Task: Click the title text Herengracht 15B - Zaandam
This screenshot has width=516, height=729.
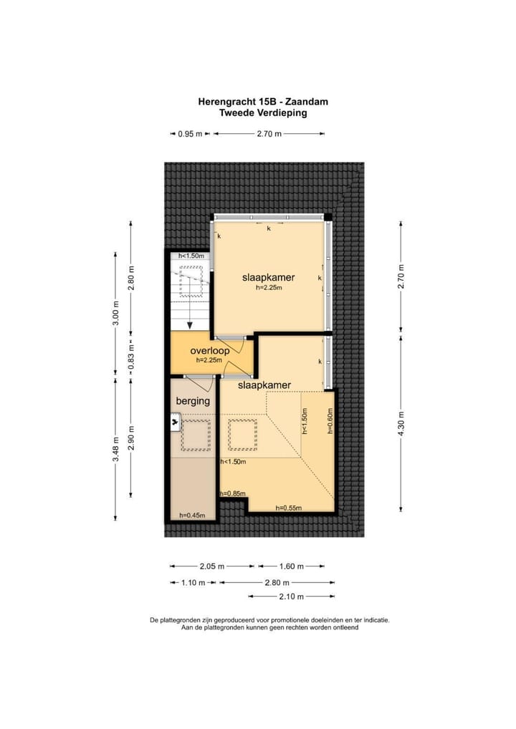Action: click(262, 102)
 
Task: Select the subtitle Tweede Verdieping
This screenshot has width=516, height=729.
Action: click(262, 112)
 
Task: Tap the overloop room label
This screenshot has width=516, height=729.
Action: click(209, 352)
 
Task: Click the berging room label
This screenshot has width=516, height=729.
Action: click(193, 401)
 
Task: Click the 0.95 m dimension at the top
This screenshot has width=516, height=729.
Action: click(190, 134)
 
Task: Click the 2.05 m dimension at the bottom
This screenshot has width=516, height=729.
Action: click(211, 566)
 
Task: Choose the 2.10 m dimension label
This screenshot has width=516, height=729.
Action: click(290, 596)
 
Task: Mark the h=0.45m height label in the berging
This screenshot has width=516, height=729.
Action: click(192, 515)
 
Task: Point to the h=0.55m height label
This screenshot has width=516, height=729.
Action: click(289, 508)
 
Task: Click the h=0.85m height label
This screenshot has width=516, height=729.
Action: click(233, 493)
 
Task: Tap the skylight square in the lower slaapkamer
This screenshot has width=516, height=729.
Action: click(242, 434)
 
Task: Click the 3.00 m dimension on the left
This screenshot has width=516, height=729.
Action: click(115, 313)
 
